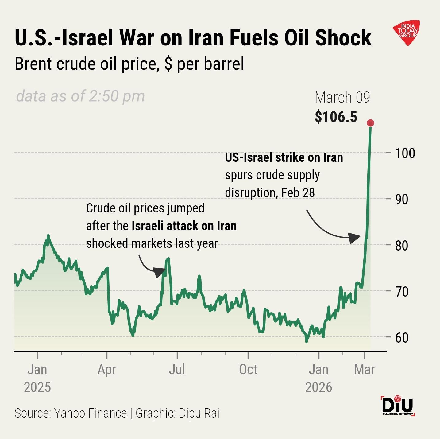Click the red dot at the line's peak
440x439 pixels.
(370, 123)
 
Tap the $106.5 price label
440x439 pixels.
(336, 117)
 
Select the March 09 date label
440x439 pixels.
(342, 98)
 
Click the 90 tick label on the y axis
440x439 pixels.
(402, 199)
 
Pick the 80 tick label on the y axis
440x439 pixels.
(402, 245)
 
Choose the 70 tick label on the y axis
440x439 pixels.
(402, 291)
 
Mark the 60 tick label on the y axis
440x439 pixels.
(402, 337)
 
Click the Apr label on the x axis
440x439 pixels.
(107, 370)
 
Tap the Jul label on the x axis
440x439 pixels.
(177, 370)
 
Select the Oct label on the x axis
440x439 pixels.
(248, 370)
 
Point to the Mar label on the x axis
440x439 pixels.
(364, 370)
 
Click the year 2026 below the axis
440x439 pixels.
(318, 387)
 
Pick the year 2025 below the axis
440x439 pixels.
(37, 387)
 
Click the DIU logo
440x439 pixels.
(398, 406)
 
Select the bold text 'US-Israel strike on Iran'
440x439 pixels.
(284, 157)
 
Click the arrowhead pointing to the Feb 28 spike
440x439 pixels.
(355, 238)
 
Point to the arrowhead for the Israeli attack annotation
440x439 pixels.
(160, 272)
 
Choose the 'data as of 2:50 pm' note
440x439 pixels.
(80, 96)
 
